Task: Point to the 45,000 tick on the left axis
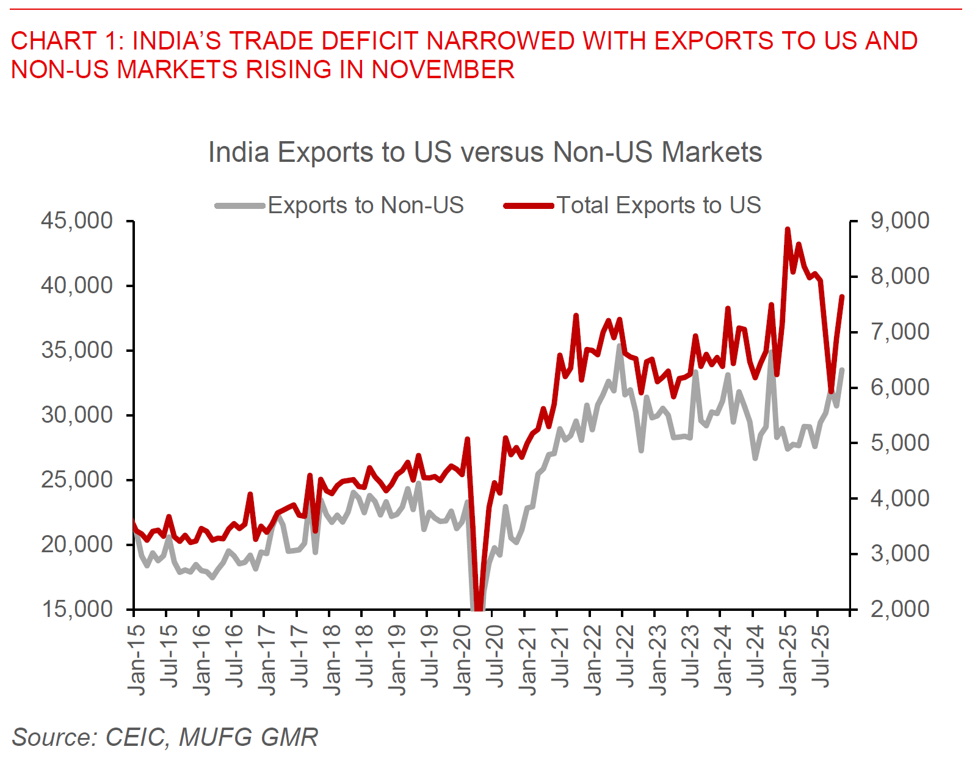point(77,221)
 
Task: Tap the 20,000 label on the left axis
point(77,544)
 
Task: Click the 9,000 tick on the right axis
point(900,221)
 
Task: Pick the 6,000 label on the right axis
point(900,387)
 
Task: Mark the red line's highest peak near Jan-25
point(788,229)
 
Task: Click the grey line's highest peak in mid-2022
point(619,346)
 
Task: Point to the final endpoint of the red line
point(842,297)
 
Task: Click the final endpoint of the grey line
point(843,369)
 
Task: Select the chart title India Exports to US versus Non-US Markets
point(485,152)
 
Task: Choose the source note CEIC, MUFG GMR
point(165,737)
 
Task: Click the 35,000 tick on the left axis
point(77,350)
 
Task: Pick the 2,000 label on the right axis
point(900,609)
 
